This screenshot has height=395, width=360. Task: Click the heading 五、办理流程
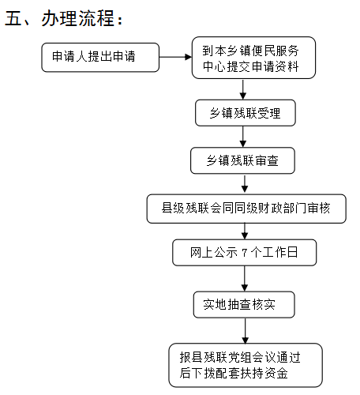(x=64, y=18)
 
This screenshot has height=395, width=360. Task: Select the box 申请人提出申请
(x=100, y=58)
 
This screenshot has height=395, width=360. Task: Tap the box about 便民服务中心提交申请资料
(x=253, y=58)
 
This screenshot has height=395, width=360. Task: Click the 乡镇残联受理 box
(x=246, y=113)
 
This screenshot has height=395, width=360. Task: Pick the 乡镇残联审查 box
(x=242, y=160)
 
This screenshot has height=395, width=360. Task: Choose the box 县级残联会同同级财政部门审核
(x=246, y=209)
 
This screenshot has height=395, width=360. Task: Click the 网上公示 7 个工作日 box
(x=245, y=253)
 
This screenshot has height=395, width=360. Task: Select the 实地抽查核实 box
(x=244, y=305)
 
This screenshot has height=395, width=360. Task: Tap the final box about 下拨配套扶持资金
(x=246, y=365)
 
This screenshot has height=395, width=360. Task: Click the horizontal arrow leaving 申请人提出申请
(x=175, y=57)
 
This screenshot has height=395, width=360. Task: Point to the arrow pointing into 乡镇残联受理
(x=243, y=89)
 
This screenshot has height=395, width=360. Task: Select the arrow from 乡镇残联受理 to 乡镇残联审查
(x=243, y=137)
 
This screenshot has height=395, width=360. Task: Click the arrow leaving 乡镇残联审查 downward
(x=245, y=183)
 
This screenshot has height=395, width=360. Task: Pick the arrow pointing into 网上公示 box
(x=245, y=231)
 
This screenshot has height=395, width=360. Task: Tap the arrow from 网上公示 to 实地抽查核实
(x=245, y=279)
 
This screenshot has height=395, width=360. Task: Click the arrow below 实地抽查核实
(x=246, y=331)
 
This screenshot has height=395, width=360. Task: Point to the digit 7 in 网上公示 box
(x=245, y=253)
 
